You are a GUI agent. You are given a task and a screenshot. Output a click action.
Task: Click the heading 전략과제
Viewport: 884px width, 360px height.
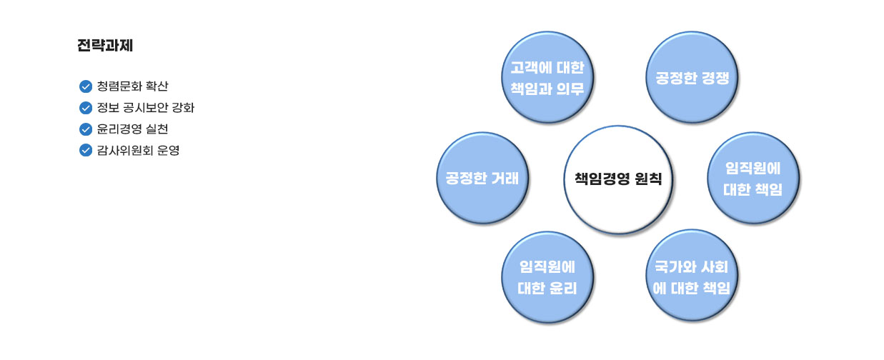[x=105, y=45]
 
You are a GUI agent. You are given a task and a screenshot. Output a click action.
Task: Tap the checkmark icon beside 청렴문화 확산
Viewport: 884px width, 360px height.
[x=86, y=86]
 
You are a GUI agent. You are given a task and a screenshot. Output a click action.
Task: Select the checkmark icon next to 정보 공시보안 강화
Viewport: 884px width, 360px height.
[x=86, y=108]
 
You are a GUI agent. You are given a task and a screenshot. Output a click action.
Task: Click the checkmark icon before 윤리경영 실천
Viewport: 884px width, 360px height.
[x=86, y=129]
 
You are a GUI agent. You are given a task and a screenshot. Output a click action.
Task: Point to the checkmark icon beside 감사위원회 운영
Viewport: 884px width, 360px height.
[x=86, y=150]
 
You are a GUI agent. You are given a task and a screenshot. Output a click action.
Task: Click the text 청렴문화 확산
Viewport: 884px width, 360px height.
[x=133, y=86]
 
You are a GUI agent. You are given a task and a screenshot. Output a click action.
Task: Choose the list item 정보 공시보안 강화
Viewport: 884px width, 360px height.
[x=146, y=107]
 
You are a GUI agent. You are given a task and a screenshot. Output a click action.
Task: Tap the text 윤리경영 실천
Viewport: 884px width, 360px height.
[x=133, y=129]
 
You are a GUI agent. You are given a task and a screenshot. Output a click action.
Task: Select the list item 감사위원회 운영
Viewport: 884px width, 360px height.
[x=138, y=150]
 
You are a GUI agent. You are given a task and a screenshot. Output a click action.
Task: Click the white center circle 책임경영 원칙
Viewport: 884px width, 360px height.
[x=618, y=180]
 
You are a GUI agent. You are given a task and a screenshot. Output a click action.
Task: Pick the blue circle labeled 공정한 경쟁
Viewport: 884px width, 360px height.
[x=692, y=78]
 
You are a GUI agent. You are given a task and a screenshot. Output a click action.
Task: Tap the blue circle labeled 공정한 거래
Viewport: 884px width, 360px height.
[x=482, y=179]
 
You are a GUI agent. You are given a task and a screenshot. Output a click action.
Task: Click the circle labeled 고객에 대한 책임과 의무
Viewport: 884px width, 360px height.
[x=547, y=78]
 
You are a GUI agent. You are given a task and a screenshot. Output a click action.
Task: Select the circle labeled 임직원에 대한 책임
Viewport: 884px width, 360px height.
[x=753, y=179]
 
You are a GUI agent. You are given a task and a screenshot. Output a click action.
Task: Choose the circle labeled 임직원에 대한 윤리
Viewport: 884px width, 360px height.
[x=547, y=277]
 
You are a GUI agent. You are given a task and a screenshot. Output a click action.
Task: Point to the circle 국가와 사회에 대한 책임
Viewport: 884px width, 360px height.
[x=692, y=276]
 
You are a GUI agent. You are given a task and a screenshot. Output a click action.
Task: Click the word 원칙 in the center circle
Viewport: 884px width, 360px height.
[x=648, y=179]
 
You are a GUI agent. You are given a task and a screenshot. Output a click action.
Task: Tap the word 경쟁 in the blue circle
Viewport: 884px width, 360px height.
[x=716, y=78]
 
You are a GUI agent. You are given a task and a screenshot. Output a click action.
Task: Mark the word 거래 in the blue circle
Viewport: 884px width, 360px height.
[x=505, y=179]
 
